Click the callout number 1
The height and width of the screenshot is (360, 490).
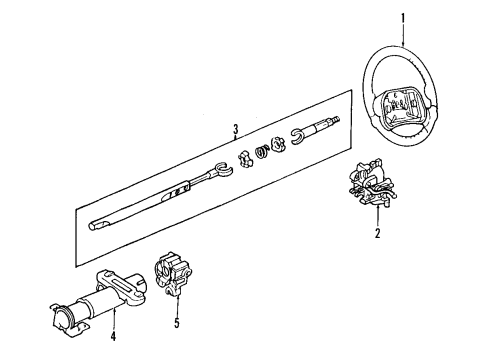403,16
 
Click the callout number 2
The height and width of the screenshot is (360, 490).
378,234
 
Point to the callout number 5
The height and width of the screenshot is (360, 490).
178,322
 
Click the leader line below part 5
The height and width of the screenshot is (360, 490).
178,305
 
